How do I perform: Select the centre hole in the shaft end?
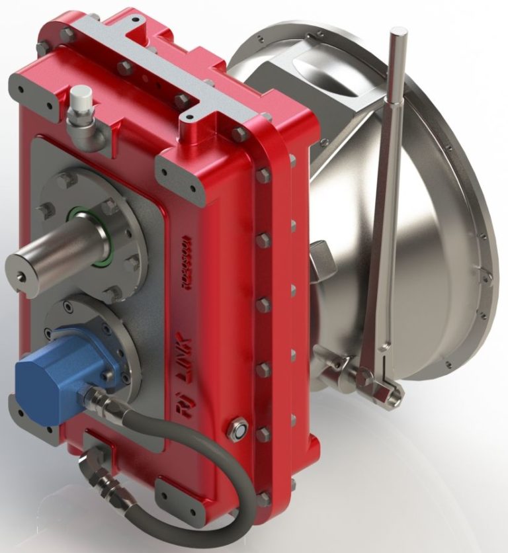23,271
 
